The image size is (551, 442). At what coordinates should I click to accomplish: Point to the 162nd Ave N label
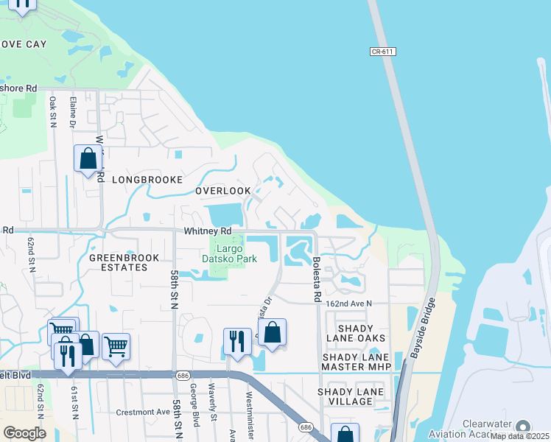click(349, 304)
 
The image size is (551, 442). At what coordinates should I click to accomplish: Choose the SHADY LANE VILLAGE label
click(345, 396)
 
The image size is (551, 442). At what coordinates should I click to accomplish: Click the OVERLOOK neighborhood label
click(222, 191)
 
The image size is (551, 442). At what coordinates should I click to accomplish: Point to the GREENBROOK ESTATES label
click(119, 263)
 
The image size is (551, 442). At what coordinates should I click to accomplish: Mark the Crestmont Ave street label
click(142, 412)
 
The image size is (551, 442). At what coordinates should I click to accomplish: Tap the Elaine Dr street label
click(72, 110)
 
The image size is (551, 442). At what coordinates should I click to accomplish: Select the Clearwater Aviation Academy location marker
click(523, 427)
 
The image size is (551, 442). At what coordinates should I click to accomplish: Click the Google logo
click(24, 432)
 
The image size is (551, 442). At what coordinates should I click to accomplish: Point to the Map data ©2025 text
click(520, 436)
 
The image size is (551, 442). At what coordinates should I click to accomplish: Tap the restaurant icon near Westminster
click(237, 341)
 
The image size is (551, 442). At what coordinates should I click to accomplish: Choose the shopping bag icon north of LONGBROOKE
click(88, 158)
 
